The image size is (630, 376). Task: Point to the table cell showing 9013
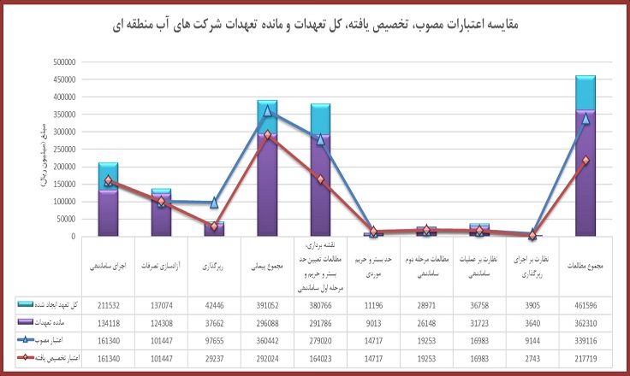373,322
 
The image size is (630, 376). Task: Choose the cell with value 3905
532,304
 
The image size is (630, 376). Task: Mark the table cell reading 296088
266,322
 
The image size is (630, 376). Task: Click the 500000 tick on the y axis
62,62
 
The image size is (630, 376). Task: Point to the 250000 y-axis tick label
62,150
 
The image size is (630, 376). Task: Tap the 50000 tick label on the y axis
65,220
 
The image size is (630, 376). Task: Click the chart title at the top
315,24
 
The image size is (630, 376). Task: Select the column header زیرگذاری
213,266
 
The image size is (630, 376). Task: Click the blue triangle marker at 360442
267,111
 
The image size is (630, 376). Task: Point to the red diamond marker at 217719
585,161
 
